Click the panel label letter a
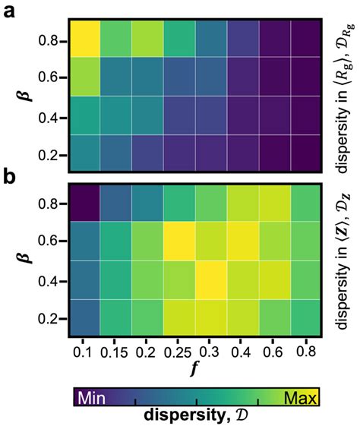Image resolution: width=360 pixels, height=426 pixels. click(12, 13)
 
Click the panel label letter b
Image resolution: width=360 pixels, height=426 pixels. click(12, 178)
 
